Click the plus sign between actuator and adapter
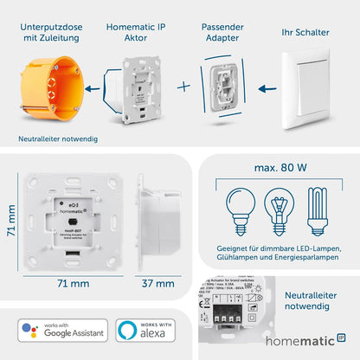pos(182,87)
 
